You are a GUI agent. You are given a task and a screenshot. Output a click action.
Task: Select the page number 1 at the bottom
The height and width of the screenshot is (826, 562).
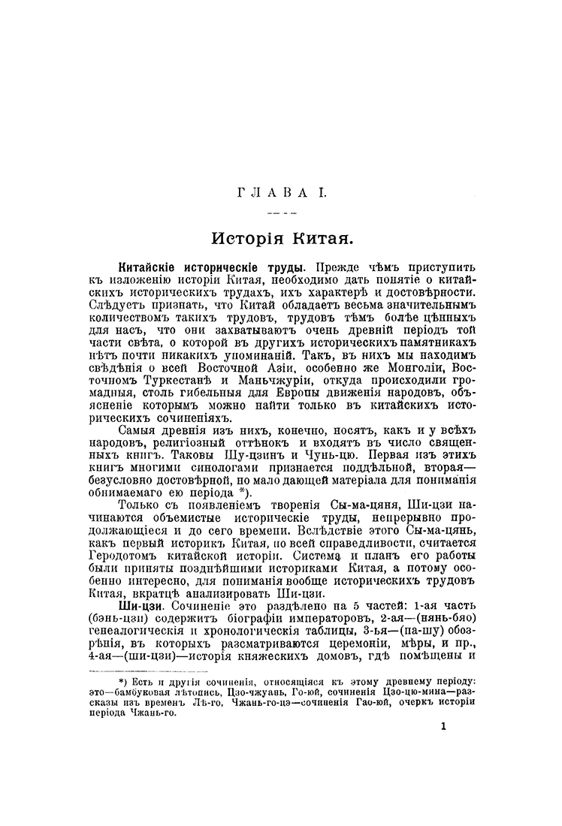click(445, 726)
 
